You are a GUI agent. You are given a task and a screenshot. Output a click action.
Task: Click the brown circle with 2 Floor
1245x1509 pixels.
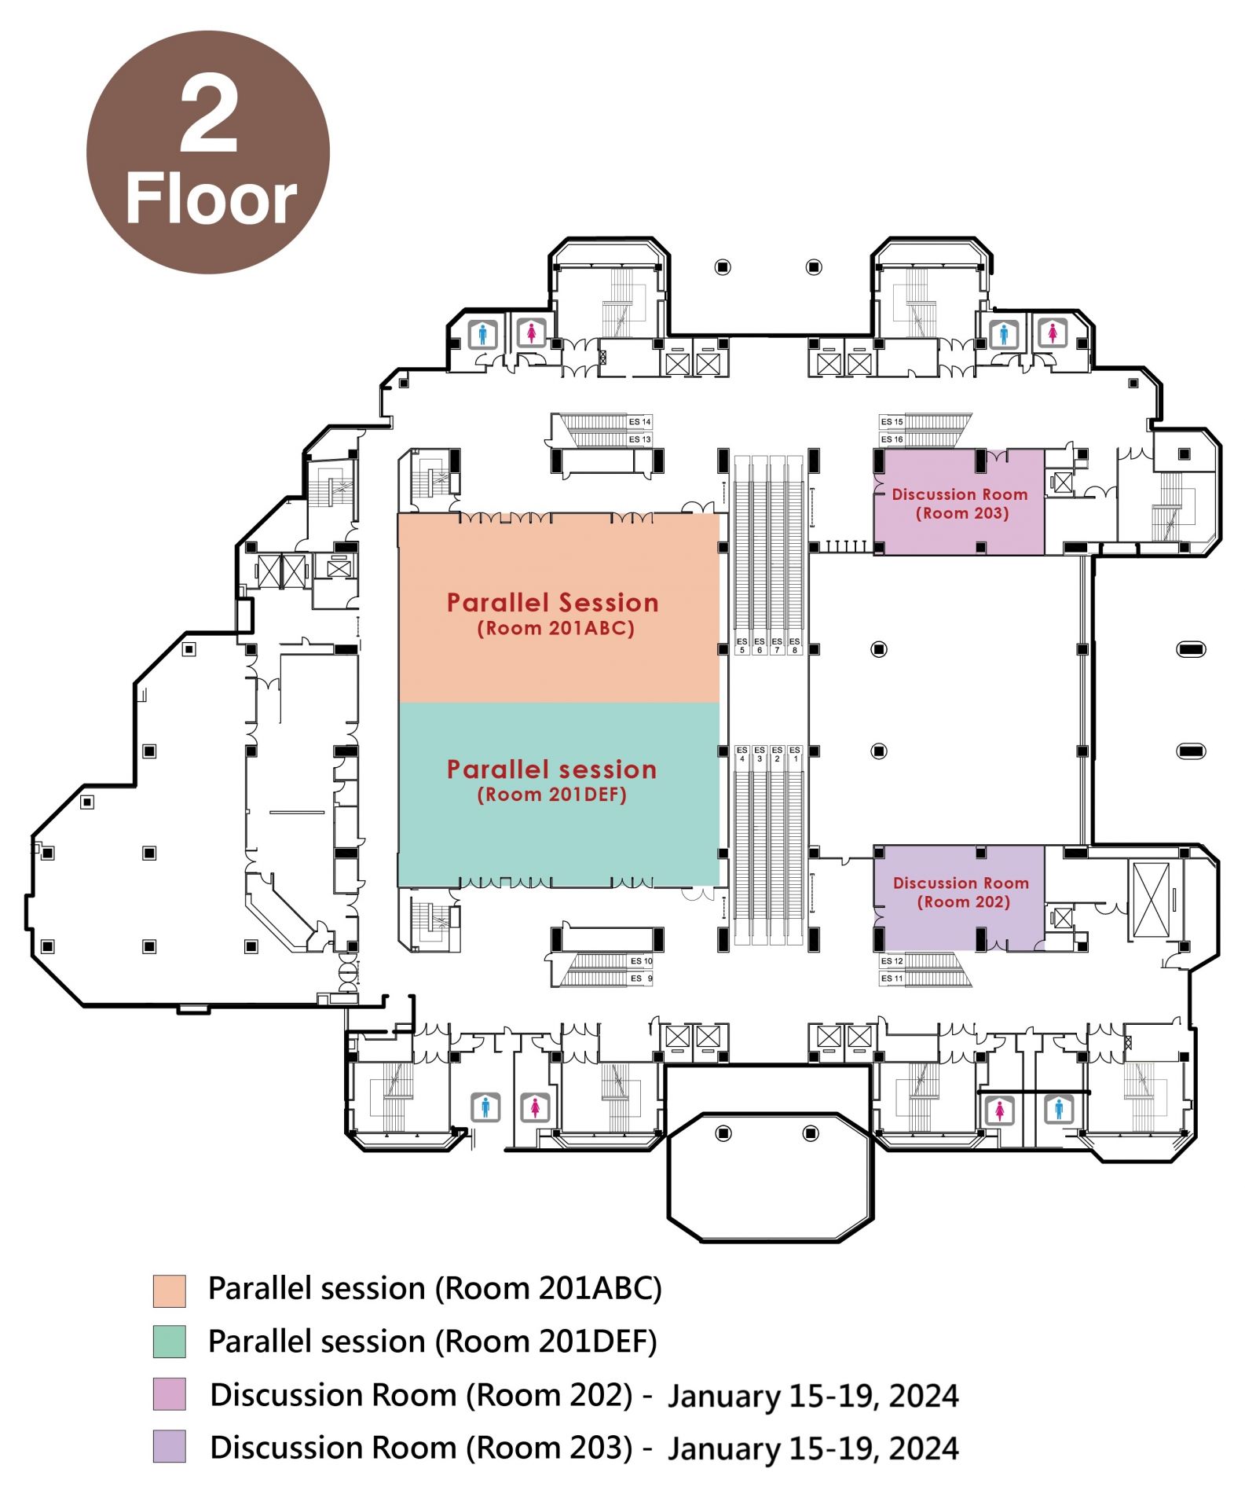pos(208,152)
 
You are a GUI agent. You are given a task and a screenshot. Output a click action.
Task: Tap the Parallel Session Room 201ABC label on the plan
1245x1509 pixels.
pos(552,613)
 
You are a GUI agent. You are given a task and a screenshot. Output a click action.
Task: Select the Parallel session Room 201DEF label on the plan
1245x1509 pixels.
pos(551,780)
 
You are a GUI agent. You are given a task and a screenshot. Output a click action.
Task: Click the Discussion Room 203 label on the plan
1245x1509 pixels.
pos(960,503)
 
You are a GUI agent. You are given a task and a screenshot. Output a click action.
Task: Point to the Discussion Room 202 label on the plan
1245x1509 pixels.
pos(961,891)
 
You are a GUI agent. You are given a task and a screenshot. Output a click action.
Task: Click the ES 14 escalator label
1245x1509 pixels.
pos(639,422)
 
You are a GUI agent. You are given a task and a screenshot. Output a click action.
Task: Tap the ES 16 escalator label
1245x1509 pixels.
pos(892,439)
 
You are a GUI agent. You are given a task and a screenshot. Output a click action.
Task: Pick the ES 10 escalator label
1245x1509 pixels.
pos(641,961)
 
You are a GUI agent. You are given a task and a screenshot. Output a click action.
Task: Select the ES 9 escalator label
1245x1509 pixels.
pos(641,978)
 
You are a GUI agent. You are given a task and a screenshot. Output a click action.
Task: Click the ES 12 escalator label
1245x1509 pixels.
pos(892,961)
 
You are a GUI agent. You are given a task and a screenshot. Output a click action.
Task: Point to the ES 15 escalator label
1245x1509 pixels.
pos(892,422)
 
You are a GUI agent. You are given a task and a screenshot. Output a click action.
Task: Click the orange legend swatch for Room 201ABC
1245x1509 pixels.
pos(169,1291)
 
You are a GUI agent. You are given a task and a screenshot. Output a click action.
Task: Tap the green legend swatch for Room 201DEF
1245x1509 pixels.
pos(169,1342)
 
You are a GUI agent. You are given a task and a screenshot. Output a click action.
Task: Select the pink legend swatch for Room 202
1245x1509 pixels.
pos(169,1394)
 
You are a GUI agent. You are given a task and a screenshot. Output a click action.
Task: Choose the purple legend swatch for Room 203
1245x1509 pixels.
pos(169,1447)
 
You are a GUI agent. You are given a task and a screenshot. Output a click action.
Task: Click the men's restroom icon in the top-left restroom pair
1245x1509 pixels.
pos(482,334)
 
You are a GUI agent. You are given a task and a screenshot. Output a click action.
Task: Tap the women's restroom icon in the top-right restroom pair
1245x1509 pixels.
pos(1052,333)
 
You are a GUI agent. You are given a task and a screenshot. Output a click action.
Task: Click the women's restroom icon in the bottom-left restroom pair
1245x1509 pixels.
pos(535,1107)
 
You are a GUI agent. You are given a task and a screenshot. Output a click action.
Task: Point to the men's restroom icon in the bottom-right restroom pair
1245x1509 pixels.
pos(1058,1110)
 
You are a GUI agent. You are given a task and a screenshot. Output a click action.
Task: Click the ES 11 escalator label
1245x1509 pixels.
pos(892,978)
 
